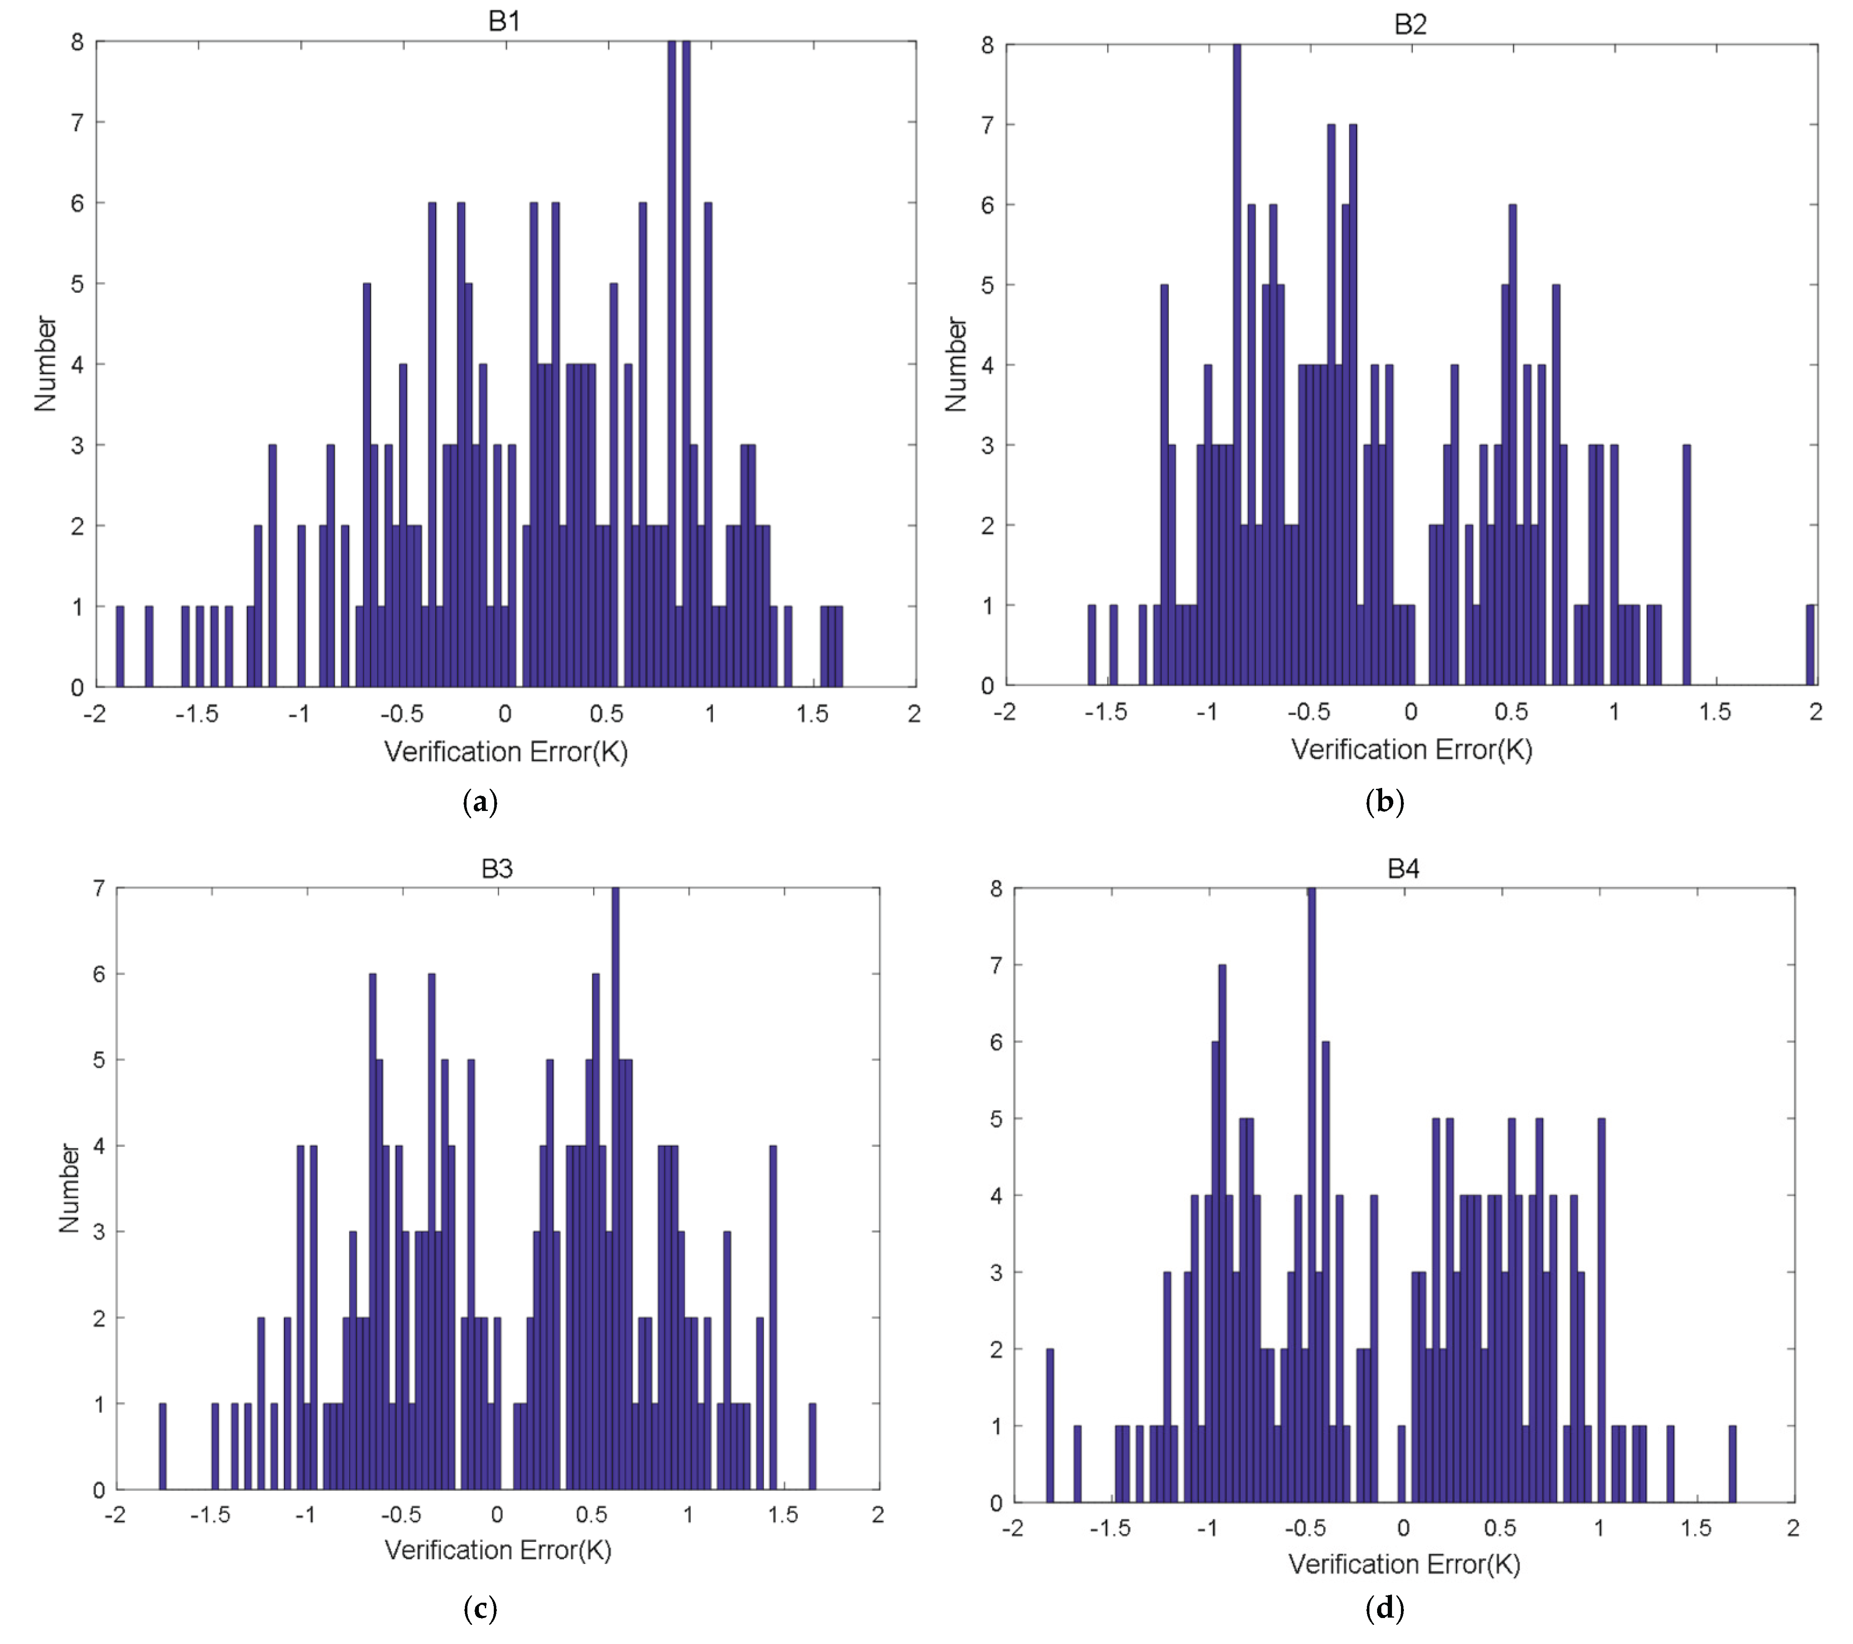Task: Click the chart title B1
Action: (x=504, y=20)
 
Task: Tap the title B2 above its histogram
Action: (x=1410, y=23)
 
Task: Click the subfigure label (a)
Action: (x=480, y=802)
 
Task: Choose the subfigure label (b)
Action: (x=1384, y=802)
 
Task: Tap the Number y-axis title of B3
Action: (x=69, y=1188)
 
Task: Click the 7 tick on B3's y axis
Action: (x=99, y=889)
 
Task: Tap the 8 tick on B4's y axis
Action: (x=996, y=890)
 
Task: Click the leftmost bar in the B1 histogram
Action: (x=120, y=647)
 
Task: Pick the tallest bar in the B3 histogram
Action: (x=616, y=1188)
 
